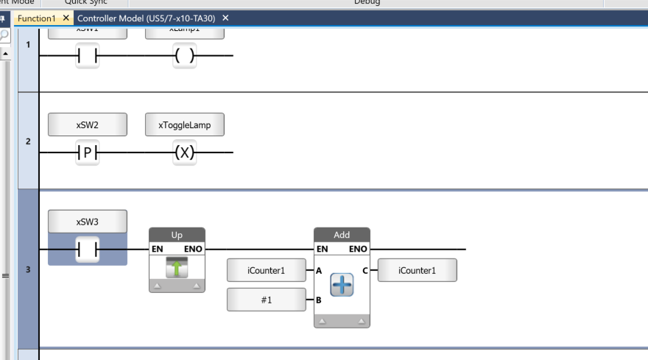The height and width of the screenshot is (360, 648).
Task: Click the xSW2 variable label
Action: point(88,125)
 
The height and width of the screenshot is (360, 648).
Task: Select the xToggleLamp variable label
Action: point(185,125)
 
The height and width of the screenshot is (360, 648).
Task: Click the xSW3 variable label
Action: point(88,222)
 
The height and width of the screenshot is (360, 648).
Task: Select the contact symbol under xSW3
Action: point(88,250)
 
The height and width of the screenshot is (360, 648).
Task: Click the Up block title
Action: point(177,236)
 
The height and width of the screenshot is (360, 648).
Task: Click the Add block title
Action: point(342,236)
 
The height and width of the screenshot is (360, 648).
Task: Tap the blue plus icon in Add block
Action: point(342,285)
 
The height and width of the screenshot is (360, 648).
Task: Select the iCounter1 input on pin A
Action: point(266,270)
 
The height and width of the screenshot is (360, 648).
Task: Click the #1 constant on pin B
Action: point(266,300)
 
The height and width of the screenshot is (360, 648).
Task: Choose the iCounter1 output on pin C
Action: point(417,270)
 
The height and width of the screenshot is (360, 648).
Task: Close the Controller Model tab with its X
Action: point(225,17)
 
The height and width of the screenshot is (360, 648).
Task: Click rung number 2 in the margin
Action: point(28,141)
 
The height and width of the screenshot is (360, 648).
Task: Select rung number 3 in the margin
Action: point(28,270)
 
